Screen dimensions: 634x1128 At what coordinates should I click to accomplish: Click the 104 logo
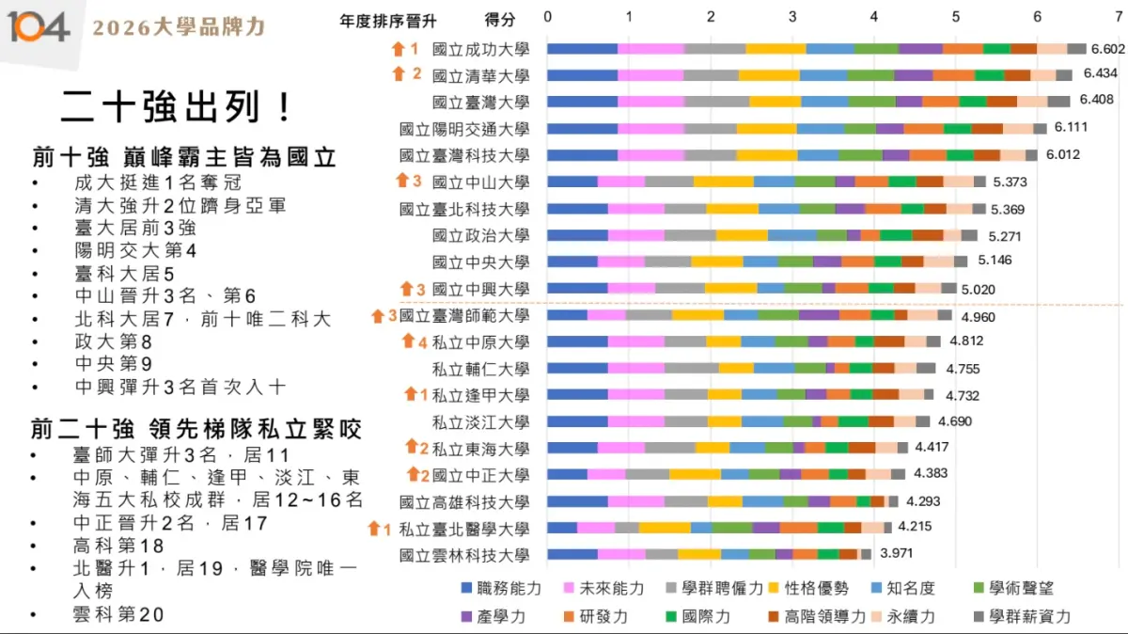(39, 27)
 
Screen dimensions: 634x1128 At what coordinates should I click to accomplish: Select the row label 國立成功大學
(480, 49)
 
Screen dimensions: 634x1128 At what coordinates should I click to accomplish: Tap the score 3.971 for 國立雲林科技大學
(897, 553)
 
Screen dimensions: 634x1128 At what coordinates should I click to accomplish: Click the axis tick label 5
(956, 18)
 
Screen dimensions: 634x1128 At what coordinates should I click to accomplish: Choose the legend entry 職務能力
(501, 588)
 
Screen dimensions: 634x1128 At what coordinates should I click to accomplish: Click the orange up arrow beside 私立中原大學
(409, 341)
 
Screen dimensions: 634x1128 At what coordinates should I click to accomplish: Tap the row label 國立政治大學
(480, 235)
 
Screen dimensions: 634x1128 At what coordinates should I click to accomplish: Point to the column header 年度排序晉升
(388, 20)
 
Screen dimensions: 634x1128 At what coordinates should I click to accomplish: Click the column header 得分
(500, 20)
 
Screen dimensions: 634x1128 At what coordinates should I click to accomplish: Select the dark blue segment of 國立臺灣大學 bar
(582, 102)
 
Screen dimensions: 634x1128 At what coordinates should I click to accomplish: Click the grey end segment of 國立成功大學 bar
(1076, 49)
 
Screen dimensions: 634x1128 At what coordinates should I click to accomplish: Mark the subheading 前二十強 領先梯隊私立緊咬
(196, 431)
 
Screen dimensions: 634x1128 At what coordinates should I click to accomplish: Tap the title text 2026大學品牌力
(179, 27)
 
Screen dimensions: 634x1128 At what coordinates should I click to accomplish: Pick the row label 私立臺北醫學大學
(463, 529)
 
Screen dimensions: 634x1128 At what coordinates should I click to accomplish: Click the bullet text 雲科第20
(117, 614)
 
